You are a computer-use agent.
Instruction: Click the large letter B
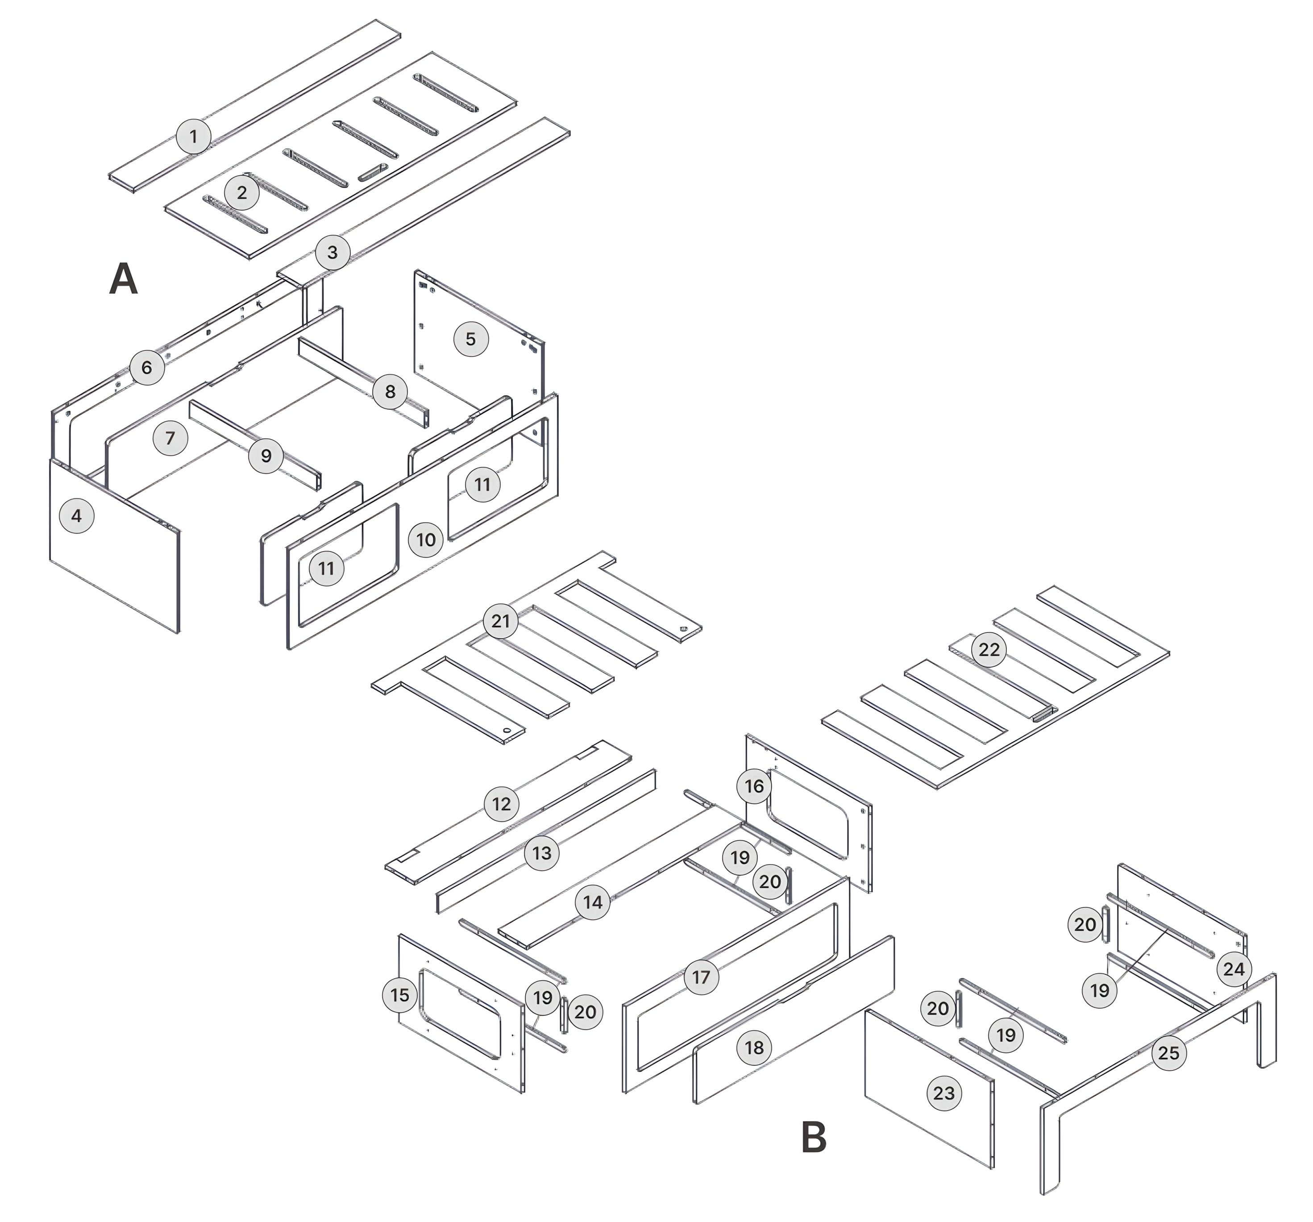(x=813, y=1138)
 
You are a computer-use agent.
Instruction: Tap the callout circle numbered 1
(x=194, y=137)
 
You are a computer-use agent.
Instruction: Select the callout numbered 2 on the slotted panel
(x=242, y=192)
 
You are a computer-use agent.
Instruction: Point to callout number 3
(x=332, y=252)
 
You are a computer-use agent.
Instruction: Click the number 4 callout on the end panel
(x=77, y=516)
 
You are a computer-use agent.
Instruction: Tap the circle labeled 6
(x=147, y=367)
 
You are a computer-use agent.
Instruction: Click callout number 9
(x=266, y=455)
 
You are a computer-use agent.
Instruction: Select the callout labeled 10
(x=426, y=540)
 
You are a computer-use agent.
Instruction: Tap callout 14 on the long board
(x=592, y=902)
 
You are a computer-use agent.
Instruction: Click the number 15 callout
(x=399, y=995)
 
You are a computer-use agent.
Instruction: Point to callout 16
(x=754, y=786)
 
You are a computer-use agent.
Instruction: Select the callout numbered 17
(x=701, y=977)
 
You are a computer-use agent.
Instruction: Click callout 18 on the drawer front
(x=754, y=1047)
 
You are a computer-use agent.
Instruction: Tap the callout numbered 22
(x=989, y=650)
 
